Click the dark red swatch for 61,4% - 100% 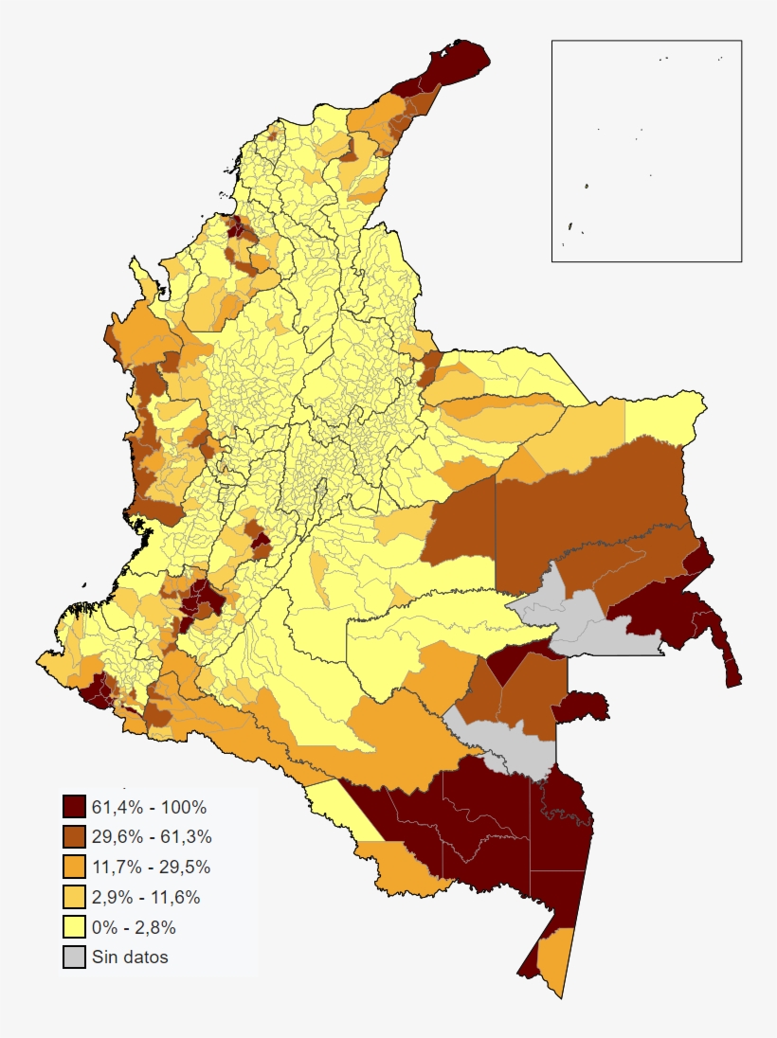point(75,807)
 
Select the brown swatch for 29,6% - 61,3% point(75,837)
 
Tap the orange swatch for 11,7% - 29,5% point(75,867)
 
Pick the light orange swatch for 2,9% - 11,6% point(75,897)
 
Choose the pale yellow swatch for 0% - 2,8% point(75,927)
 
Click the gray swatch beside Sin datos point(75,957)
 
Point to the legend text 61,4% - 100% point(149,807)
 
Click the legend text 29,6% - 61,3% point(152,837)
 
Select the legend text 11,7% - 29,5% point(152,867)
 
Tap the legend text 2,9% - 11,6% point(146,897)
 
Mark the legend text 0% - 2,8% point(134,927)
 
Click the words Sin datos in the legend point(130,957)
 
